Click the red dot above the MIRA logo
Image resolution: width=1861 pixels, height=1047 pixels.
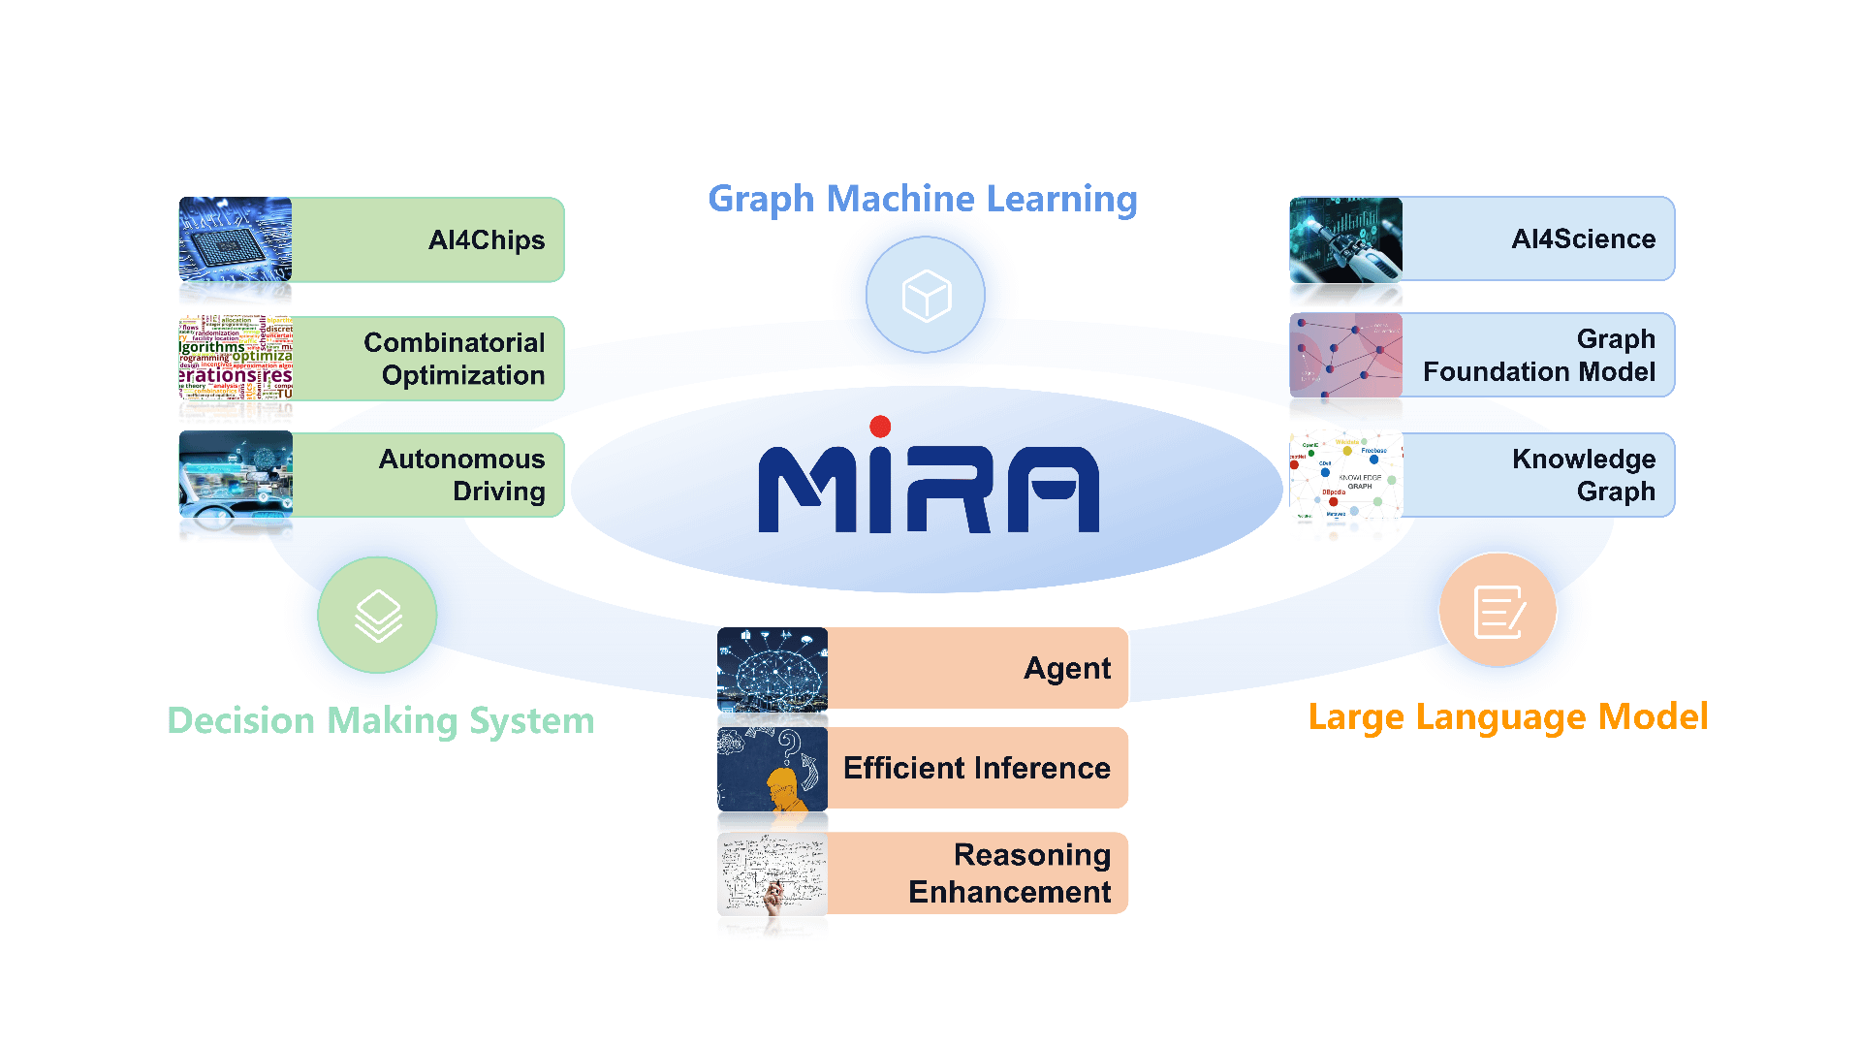880,427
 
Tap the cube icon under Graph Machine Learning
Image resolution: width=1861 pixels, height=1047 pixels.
926,295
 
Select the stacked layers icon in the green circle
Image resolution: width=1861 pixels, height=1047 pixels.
377,616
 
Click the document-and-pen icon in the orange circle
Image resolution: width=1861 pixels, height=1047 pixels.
1498,612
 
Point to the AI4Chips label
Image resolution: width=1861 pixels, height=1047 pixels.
486,240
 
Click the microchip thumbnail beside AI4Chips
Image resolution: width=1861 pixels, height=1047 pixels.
236,240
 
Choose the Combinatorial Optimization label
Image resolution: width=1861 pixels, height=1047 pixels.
454,359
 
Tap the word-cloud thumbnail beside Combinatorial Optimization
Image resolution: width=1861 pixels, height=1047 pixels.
236,358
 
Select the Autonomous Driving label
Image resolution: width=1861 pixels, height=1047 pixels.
461,475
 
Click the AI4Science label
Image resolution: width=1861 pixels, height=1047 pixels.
1583,239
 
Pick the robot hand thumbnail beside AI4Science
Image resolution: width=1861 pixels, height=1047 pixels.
1345,239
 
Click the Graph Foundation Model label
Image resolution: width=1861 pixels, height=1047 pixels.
1539,356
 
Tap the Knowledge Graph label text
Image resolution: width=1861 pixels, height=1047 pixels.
1584,475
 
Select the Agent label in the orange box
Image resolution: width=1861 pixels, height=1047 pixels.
1067,669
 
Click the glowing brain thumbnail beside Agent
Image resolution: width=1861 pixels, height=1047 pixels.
773,669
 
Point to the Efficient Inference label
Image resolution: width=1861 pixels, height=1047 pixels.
976,769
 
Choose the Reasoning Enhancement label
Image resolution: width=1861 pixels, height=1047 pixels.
1010,873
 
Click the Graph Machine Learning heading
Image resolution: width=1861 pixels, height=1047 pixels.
922,200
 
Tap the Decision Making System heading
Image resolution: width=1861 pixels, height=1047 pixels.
381,721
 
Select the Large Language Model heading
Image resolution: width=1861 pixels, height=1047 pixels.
1507,717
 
